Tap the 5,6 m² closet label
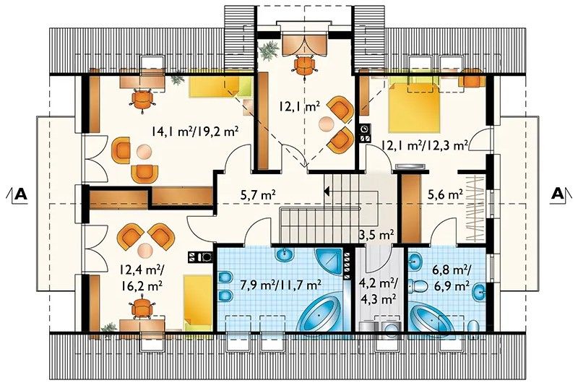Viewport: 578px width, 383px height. click(445, 194)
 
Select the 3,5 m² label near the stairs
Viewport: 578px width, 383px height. click(377, 234)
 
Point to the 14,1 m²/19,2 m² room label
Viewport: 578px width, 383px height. click(194, 131)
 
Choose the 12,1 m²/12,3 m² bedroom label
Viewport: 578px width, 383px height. click(425, 145)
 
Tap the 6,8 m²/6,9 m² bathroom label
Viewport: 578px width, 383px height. click(450, 277)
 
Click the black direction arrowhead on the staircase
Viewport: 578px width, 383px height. click(327, 191)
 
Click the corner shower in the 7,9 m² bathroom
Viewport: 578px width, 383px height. click(329, 262)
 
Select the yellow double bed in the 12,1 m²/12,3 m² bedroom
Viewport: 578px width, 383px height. click(414, 108)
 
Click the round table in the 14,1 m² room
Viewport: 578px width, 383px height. click(143, 152)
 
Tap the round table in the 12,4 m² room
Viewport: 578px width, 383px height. click(145, 250)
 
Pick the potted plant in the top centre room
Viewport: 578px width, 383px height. click(269, 50)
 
